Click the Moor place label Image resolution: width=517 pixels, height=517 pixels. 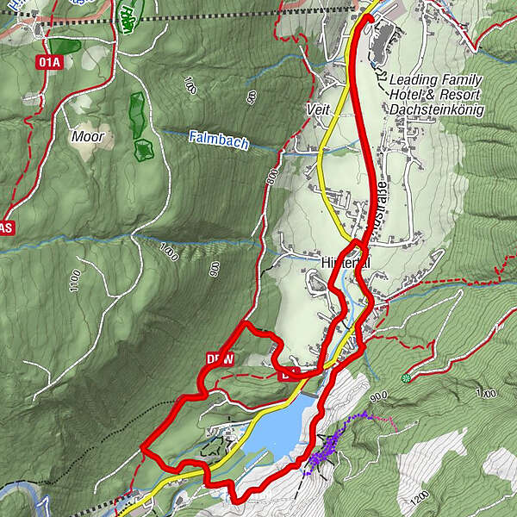click(x=87, y=137)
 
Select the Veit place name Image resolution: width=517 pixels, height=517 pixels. click(x=318, y=110)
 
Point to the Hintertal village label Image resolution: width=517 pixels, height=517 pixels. click(x=345, y=263)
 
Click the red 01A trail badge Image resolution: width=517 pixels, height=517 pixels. click(x=49, y=62)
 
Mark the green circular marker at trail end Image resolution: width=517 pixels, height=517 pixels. click(x=406, y=377)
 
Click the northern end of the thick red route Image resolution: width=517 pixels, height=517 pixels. click(x=365, y=18)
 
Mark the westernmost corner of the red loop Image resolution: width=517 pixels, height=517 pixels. click(x=143, y=449)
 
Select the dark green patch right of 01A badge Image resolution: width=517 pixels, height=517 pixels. click(x=65, y=46)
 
